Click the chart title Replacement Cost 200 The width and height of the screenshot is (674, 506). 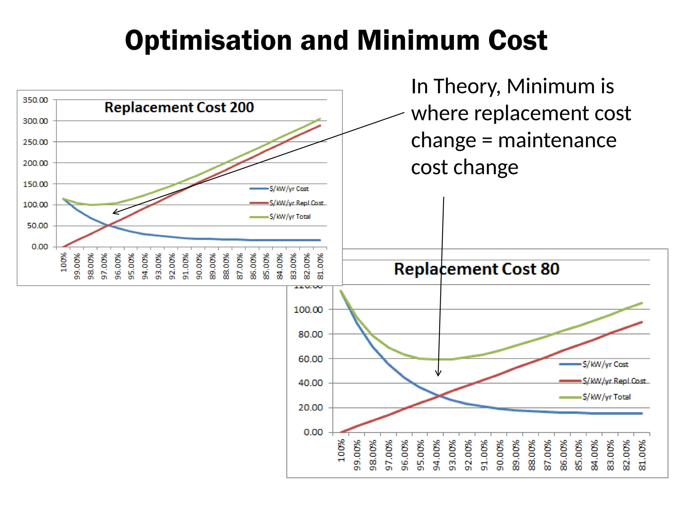click(x=179, y=107)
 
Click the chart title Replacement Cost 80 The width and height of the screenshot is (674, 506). click(x=477, y=269)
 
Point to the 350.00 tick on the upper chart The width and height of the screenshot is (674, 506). click(x=35, y=100)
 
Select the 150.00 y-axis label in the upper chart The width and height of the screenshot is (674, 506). click(x=35, y=184)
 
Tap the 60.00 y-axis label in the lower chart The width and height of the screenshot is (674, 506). click(x=310, y=359)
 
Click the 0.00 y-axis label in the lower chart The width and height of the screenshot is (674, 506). click(x=313, y=432)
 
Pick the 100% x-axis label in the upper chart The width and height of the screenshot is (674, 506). click(x=64, y=262)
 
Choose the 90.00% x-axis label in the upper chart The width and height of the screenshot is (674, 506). click(x=199, y=266)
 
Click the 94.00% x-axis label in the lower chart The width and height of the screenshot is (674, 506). click(x=436, y=455)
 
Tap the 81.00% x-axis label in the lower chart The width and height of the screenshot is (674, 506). click(x=642, y=455)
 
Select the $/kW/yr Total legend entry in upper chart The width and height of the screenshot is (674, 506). click(x=290, y=217)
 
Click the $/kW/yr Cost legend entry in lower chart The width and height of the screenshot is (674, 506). click(x=605, y=364)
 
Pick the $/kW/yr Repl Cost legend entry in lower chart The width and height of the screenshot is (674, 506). click(x=614, y=381)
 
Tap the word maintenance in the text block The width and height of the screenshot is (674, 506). click(x=557, y=140)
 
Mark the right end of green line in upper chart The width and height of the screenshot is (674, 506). click(x=320, y=119)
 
